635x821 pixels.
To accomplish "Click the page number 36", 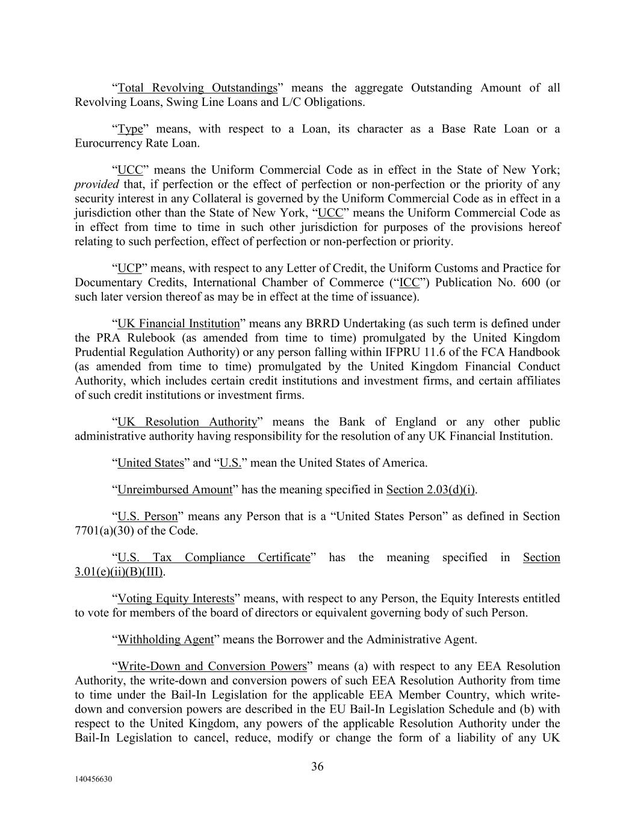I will [317, 766].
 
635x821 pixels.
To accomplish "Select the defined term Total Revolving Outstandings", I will [197, 88].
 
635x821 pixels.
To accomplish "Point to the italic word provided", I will [96, 185].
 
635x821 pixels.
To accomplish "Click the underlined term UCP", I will [129, 268].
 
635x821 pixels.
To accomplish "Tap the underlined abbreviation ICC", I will [409, 283].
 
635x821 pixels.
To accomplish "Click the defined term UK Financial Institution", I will [178, 324].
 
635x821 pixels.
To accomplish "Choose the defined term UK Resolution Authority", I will [187, 422].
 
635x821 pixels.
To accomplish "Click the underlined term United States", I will [150, 463].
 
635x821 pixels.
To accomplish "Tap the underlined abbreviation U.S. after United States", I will [231, 463].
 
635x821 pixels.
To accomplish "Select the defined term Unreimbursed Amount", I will [175, 490].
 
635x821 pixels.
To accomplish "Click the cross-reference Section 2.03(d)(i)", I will [430, 490].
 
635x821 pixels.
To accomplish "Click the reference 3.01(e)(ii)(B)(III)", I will [119, 572].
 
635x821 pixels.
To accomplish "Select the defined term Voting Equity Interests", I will [176, 598].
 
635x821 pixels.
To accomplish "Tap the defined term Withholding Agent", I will [166, 639].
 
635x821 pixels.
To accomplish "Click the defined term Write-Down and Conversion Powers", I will [212, 666].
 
